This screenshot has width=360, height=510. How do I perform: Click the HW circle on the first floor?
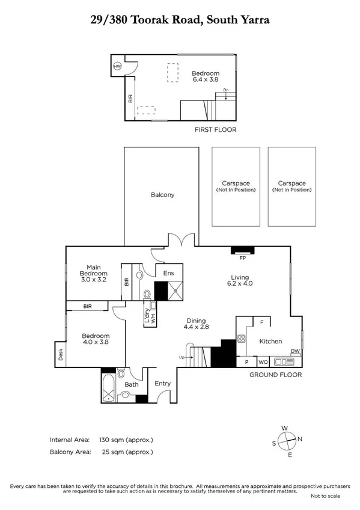click(x=117, y=66)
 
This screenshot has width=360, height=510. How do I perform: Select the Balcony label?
click(x=162, y=195)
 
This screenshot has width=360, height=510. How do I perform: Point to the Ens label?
click(x=169, y=273)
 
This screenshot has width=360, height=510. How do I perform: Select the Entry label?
click(x=162, y=383)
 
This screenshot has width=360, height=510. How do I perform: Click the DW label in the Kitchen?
click(x=294, y=352)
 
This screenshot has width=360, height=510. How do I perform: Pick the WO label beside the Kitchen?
click(x=263, y=362)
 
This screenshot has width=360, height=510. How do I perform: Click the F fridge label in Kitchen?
click(x=254, y=322)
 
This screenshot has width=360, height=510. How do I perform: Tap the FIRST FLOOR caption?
click(x=216, y=129)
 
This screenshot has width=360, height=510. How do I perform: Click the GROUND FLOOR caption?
click(x=275, y=375)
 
